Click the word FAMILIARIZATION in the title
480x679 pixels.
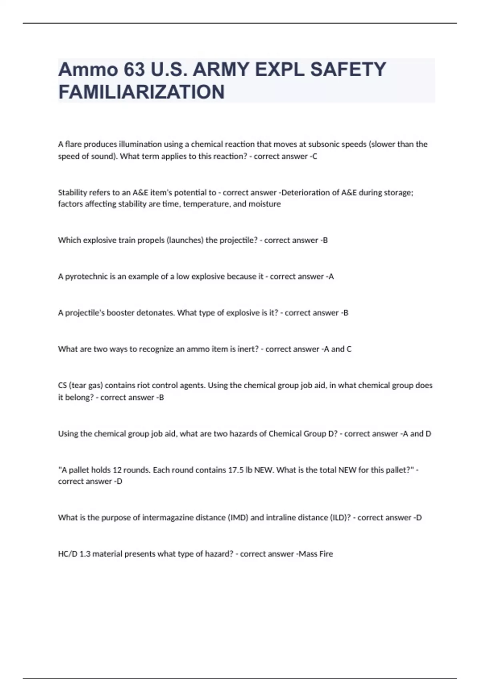click(x=141, y=92)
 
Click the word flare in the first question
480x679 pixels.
click(x=73, y=144)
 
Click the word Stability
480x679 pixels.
click(x=72, y=193)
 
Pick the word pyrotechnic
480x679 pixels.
click(x=86, y=276)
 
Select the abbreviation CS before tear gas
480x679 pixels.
click(x=62, y=385)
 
